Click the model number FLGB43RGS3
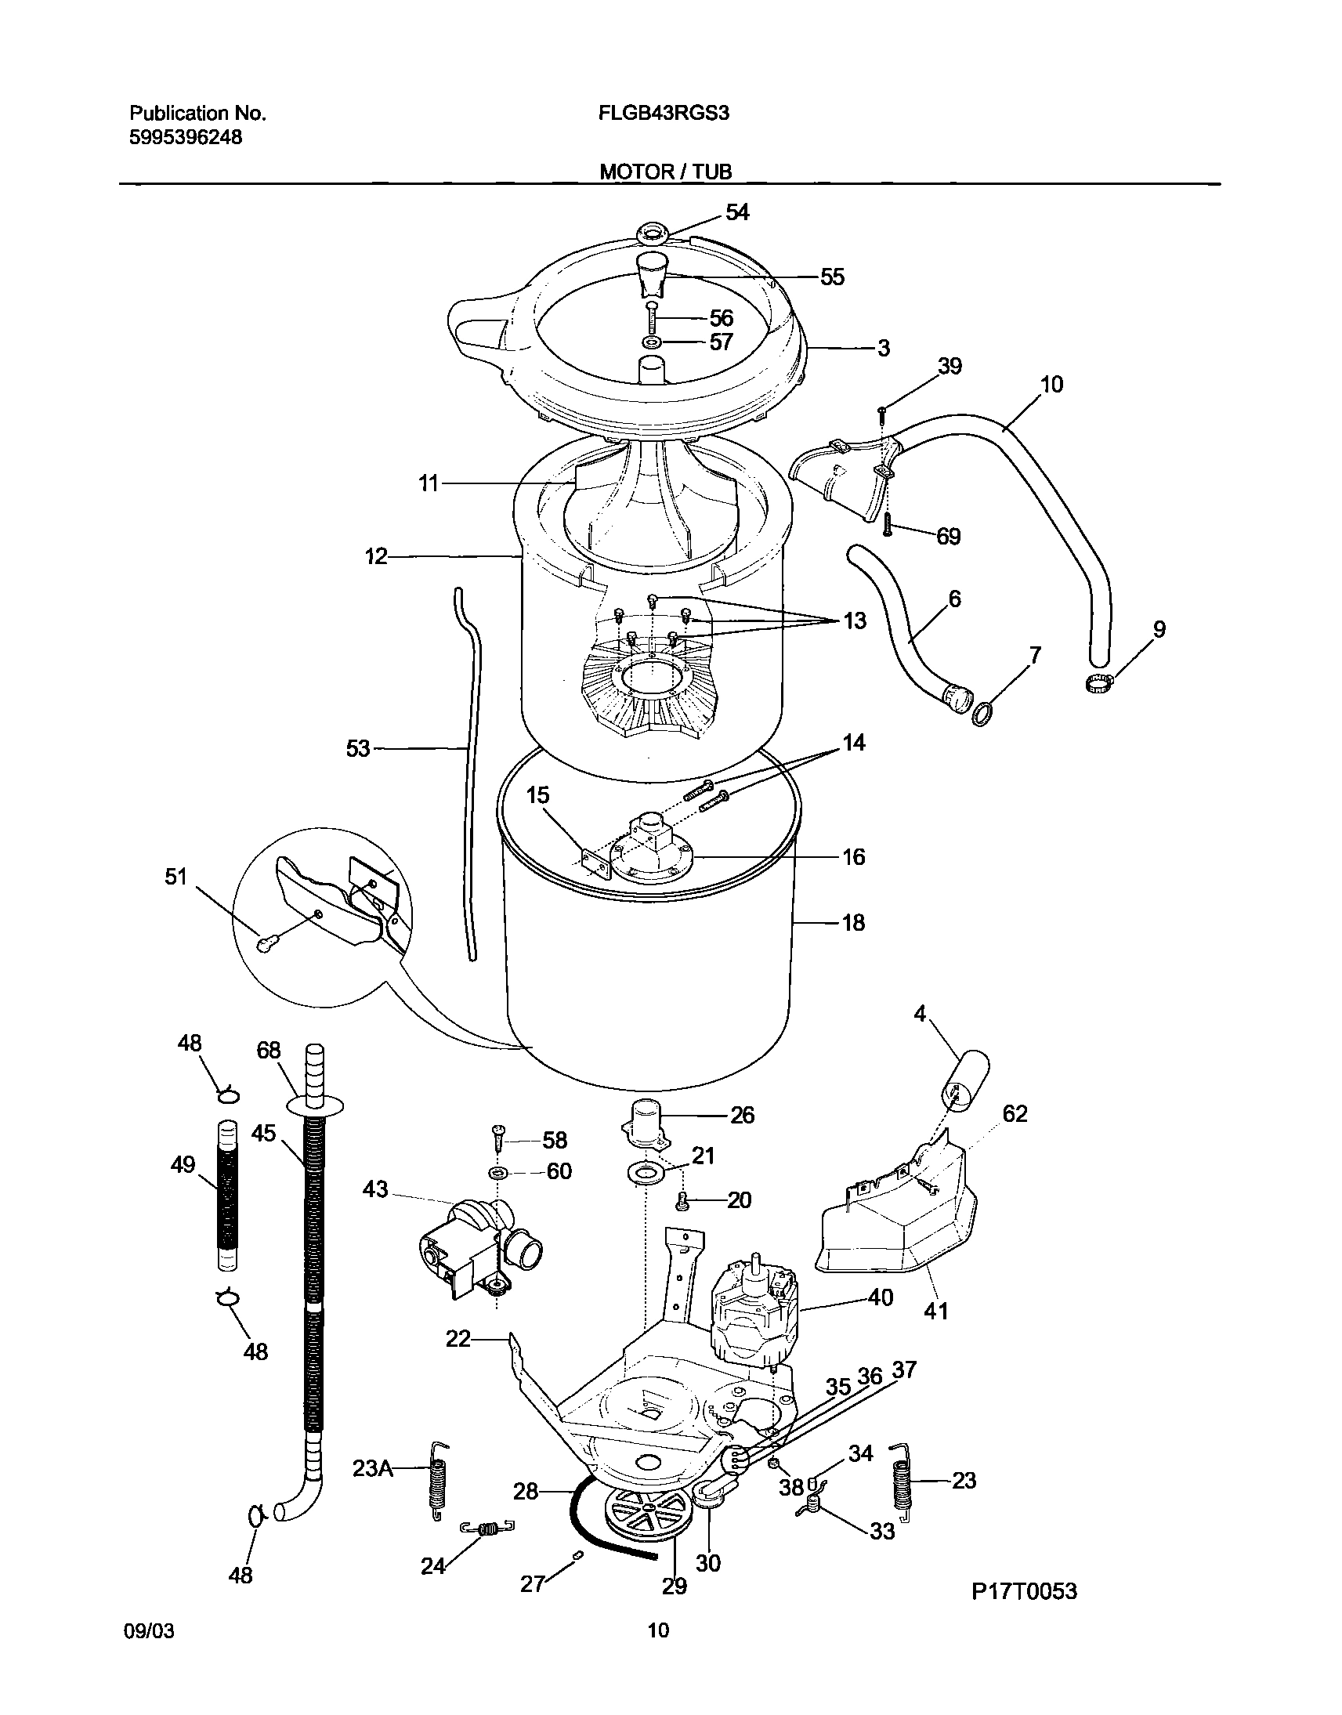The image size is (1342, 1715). pos(664,113)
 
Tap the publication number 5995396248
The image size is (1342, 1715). pos(186,137)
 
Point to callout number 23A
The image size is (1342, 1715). pos(372,1468)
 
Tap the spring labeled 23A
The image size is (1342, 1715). pos(437,1481)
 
